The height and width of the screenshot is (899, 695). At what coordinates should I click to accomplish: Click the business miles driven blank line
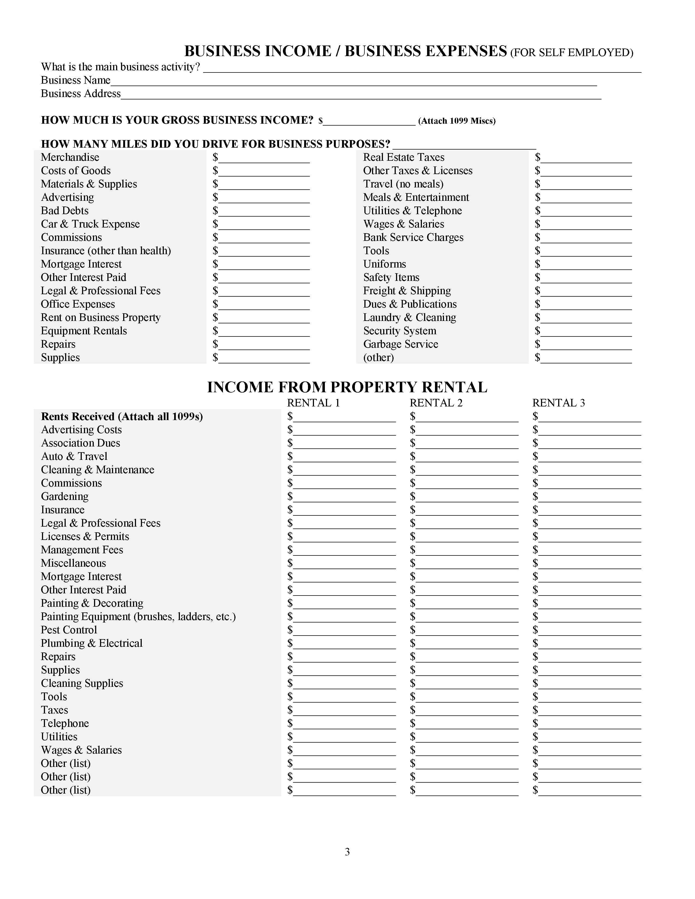[464, 145]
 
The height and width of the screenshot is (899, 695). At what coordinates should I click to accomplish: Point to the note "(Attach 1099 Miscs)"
[457, 121]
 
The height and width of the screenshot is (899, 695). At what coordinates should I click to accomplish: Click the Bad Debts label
[65, 211]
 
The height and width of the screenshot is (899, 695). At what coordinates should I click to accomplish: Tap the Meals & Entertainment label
[416, 198]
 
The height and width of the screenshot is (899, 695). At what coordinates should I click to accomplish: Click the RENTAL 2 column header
[436, 403]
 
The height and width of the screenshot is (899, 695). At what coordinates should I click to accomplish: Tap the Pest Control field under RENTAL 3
[590, 631]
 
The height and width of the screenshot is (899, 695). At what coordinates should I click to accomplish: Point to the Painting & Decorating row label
[92, 603]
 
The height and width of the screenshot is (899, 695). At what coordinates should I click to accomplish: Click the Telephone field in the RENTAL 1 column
[344, 724]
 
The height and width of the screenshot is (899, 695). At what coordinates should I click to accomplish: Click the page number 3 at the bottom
[347, 852]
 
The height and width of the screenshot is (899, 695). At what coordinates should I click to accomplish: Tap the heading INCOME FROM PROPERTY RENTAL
[347, 387]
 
